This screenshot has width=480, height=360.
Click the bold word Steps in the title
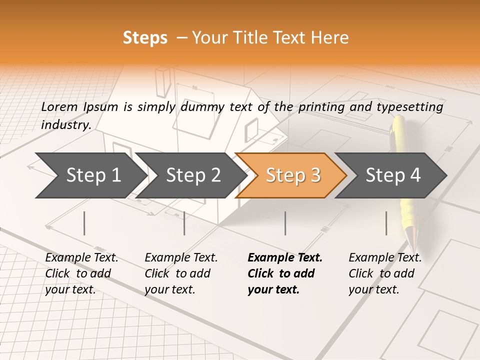tap(145, 38)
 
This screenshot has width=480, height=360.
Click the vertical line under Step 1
tap(84, 223)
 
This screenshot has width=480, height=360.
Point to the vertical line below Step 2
tap(184, 223)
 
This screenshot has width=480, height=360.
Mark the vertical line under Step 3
tap(285, 223)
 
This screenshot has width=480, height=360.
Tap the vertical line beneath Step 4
tap(386, 223)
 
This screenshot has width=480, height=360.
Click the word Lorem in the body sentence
tap(59, 106)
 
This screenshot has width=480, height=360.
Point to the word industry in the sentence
tap(65, 125)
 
